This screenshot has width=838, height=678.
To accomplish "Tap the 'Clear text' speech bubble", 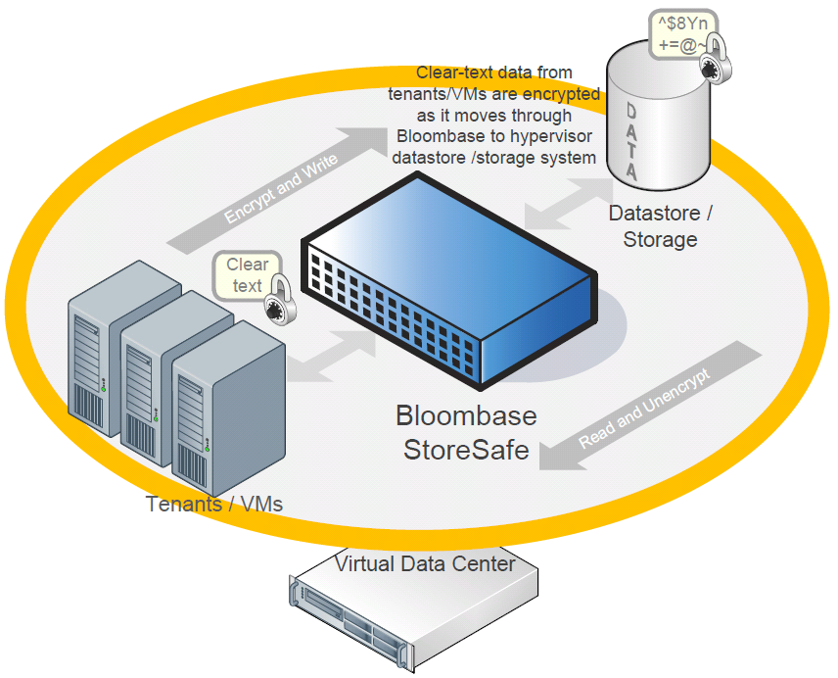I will pos(247,274).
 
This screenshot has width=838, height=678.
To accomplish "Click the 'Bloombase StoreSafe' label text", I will pos(466,432).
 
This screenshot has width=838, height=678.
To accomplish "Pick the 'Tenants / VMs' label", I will pos(214,505).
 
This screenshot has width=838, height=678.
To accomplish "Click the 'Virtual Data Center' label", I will pos(425,563).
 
